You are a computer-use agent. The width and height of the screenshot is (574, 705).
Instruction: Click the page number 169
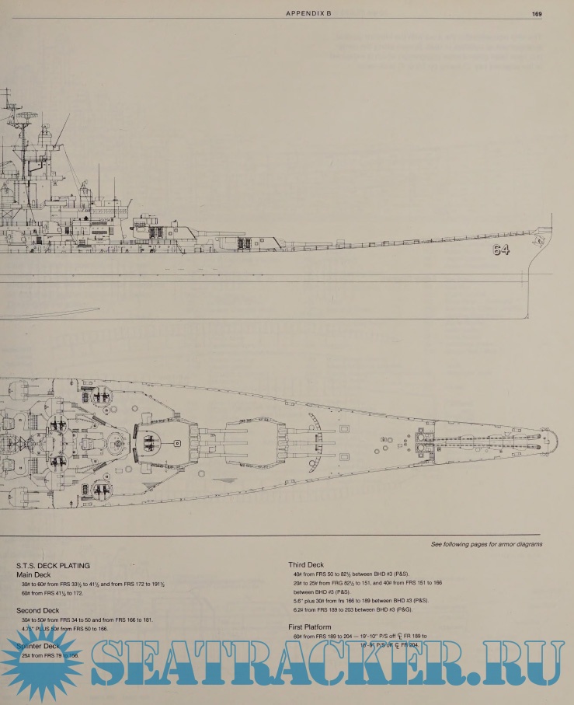point(537,14)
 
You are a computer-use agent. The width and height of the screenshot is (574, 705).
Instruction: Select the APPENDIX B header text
point(308,14)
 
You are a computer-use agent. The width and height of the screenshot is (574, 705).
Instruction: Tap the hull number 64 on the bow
point(499,250)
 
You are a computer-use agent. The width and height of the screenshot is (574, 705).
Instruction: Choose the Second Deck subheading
point(37,611)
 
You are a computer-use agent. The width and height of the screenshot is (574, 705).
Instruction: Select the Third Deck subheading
point(307,566)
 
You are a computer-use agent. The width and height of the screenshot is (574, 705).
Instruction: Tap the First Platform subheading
point(310,626)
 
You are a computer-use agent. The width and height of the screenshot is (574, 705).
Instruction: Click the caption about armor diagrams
point(486,545)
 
